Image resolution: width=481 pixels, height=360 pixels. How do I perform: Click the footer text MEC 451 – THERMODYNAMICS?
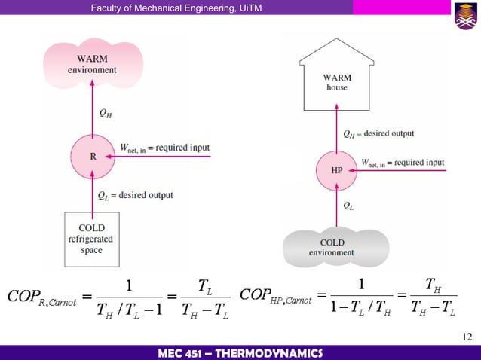click(240, 352)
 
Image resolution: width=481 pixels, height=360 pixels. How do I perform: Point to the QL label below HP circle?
click(349, 205)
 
